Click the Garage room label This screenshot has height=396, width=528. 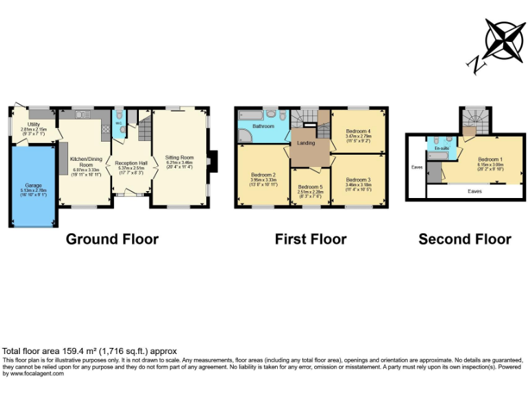(33, 186)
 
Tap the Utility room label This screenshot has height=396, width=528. (33, 125)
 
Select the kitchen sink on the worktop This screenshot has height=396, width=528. (83, 113)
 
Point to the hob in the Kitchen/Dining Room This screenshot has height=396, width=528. (105, 127)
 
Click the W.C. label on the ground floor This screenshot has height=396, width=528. (118, 124)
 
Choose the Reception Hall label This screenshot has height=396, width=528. (130, 163)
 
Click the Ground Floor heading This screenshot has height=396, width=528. (112, 239)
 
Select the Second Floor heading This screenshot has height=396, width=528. (465, 239)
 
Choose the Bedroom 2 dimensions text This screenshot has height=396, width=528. (264, 183)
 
